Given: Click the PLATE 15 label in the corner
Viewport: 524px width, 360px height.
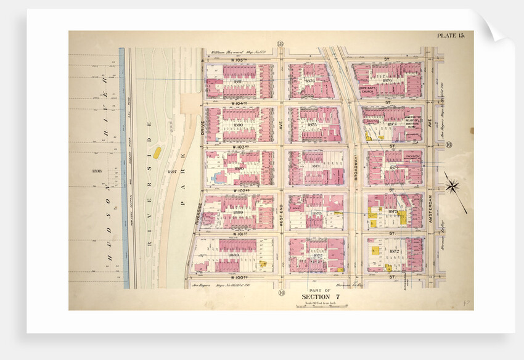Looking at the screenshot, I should pos(451,36).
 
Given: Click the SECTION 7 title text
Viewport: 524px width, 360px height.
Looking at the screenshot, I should pos(321,297).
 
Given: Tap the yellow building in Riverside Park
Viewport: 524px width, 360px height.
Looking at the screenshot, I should pos(157,152).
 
